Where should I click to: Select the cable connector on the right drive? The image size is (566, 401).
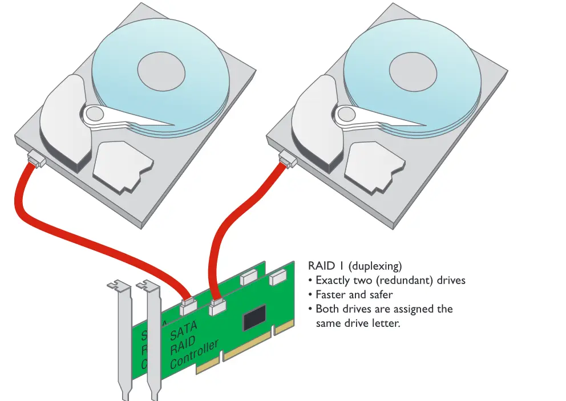tap(288, 159)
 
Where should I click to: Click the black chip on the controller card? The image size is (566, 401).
tap(254, 317)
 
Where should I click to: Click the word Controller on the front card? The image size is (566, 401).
tap(194, 354)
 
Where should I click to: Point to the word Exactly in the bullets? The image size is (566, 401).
tap(332, 281)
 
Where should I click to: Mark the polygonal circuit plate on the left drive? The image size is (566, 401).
tap(122, 166)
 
